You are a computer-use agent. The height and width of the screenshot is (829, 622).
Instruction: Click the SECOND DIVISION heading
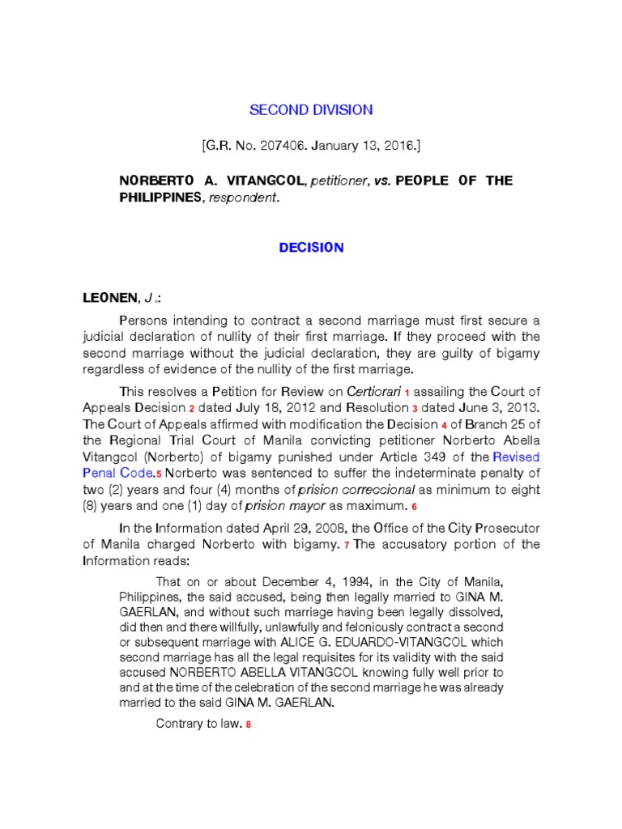[311, 110]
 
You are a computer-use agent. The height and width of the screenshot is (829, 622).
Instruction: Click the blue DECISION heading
[311, 248]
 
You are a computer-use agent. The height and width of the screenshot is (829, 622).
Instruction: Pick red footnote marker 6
[413, 507]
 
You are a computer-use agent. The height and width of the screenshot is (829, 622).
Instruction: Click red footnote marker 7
[346, 545]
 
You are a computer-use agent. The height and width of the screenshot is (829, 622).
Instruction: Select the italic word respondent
[243, 198]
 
